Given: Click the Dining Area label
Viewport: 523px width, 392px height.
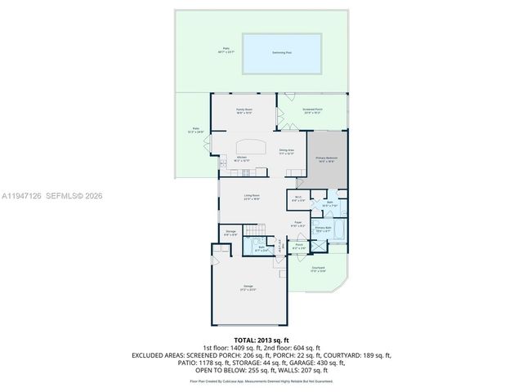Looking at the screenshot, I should pos(286,151).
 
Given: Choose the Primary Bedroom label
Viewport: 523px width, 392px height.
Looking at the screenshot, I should pos(326,158).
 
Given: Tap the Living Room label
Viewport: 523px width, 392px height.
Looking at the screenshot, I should pos(251,196).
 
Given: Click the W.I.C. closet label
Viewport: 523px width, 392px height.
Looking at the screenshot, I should pos(298,197).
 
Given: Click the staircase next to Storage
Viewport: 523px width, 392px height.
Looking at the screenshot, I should pos(259,237).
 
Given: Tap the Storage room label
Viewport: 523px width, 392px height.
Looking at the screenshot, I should pos(231,233).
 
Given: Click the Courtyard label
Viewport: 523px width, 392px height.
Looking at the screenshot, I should pos(319,269).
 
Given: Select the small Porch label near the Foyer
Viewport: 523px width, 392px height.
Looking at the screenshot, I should pos(300,245).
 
